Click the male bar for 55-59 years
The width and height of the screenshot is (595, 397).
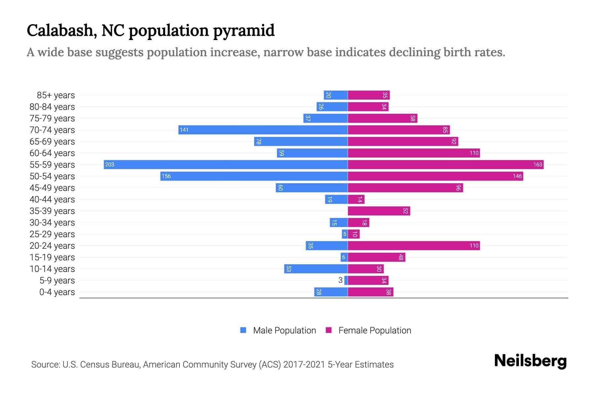coord(225,164)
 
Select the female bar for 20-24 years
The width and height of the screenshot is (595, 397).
coord(413,245)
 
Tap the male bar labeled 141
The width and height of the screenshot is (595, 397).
coord(263,130)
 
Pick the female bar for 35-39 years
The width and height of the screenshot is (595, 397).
coord(378,211)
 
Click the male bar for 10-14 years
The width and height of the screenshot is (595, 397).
coord(316,269)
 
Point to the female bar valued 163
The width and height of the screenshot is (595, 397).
coord(445,164)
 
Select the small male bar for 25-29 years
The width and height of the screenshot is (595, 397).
coord(344,234)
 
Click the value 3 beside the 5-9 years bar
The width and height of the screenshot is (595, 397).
coord(340,280)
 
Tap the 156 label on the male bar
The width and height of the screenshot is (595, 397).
coord(166,176)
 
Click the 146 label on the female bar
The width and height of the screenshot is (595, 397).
coord(517,176)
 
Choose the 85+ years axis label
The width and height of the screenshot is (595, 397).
coord(56,95)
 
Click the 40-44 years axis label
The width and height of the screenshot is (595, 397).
coord(52,199)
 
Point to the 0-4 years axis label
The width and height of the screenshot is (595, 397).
coord(57,292)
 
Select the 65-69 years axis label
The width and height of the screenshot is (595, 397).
coord(52,142)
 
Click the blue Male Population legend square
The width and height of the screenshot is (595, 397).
coord(243,330)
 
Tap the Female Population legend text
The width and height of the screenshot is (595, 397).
coord(375,330)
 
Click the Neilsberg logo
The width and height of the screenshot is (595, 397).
coord(530,361)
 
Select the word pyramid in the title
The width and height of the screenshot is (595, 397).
coord(244,30)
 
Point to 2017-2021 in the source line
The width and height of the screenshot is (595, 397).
coord(304,364)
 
